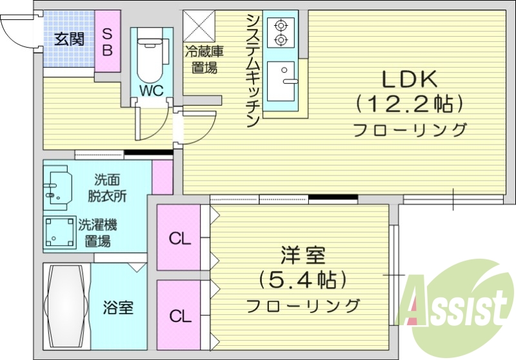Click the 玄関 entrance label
[x=69, y=39]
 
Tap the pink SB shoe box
[x=108, y=41]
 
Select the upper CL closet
[x=180, y=238]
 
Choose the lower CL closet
[x=180, y=315]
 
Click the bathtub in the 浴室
[x=65, y=306]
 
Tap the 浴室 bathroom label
[x=118, y=308]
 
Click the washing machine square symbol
[x=59, y=233]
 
